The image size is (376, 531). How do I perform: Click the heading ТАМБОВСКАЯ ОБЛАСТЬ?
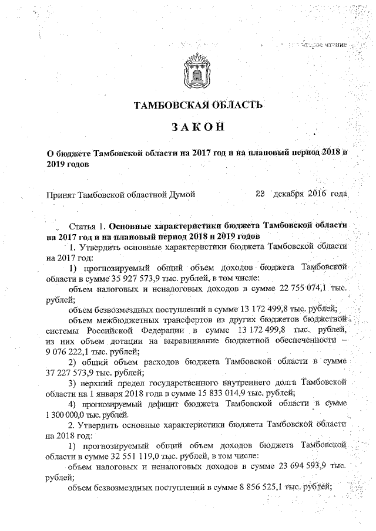coord(196,106)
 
